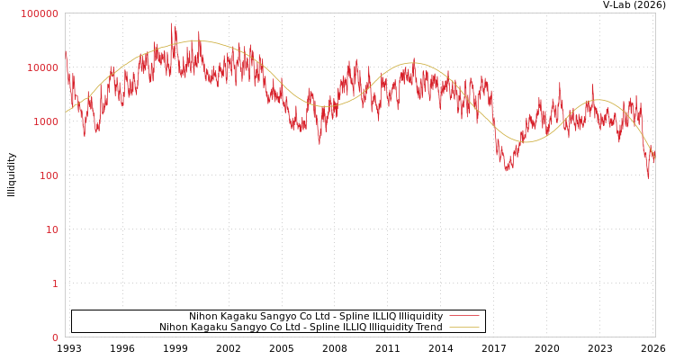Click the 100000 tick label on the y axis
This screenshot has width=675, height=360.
coord(40,13)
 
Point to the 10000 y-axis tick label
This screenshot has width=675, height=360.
coord(42,67)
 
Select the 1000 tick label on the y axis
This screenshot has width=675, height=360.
coord(45,121)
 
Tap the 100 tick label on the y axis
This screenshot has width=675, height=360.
coord(48,175)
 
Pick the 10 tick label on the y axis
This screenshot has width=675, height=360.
coord(51,229)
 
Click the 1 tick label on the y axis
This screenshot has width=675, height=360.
coord(54,283)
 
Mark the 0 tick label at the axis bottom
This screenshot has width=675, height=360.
coord(54,337)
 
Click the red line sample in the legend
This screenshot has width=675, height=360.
coord(463,316)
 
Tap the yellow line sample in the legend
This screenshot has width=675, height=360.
coord(463,327)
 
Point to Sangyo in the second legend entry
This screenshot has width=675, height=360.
coord(251,327)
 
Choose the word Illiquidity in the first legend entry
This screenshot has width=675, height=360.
coord(420,316)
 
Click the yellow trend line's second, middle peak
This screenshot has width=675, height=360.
coord(412,63)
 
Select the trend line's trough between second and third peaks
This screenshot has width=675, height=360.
coord(527,141)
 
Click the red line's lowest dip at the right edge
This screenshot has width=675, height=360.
coord(648,177)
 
